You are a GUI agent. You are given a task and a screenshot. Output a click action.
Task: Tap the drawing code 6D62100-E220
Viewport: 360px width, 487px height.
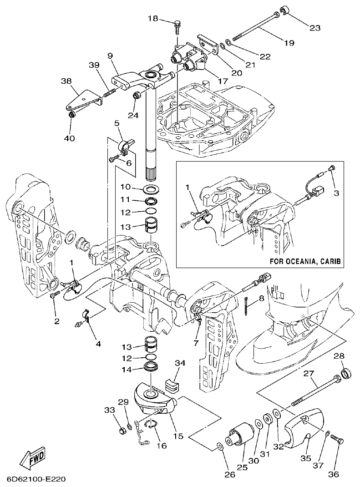37,479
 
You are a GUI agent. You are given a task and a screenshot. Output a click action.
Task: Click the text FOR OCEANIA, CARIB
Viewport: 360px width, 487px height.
305,262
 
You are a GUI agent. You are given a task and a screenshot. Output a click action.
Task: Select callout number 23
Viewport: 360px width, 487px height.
314,28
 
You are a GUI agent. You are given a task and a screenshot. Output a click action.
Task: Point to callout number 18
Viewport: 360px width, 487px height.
153,18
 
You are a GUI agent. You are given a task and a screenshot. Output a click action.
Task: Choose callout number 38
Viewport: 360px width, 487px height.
66,81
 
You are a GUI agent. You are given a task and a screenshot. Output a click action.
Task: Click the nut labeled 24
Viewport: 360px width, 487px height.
136,96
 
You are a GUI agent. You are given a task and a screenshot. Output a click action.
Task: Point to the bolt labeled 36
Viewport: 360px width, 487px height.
337,439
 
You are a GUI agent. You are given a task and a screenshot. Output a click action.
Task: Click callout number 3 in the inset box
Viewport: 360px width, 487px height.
336,193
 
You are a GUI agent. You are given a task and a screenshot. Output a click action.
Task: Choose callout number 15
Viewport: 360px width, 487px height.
178,436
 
